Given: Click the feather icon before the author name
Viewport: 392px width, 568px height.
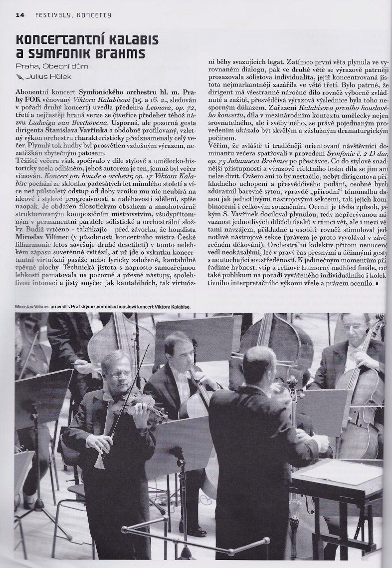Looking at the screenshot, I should coord(19,76).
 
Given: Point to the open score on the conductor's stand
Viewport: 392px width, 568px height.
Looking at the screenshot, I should coord(339,472).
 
